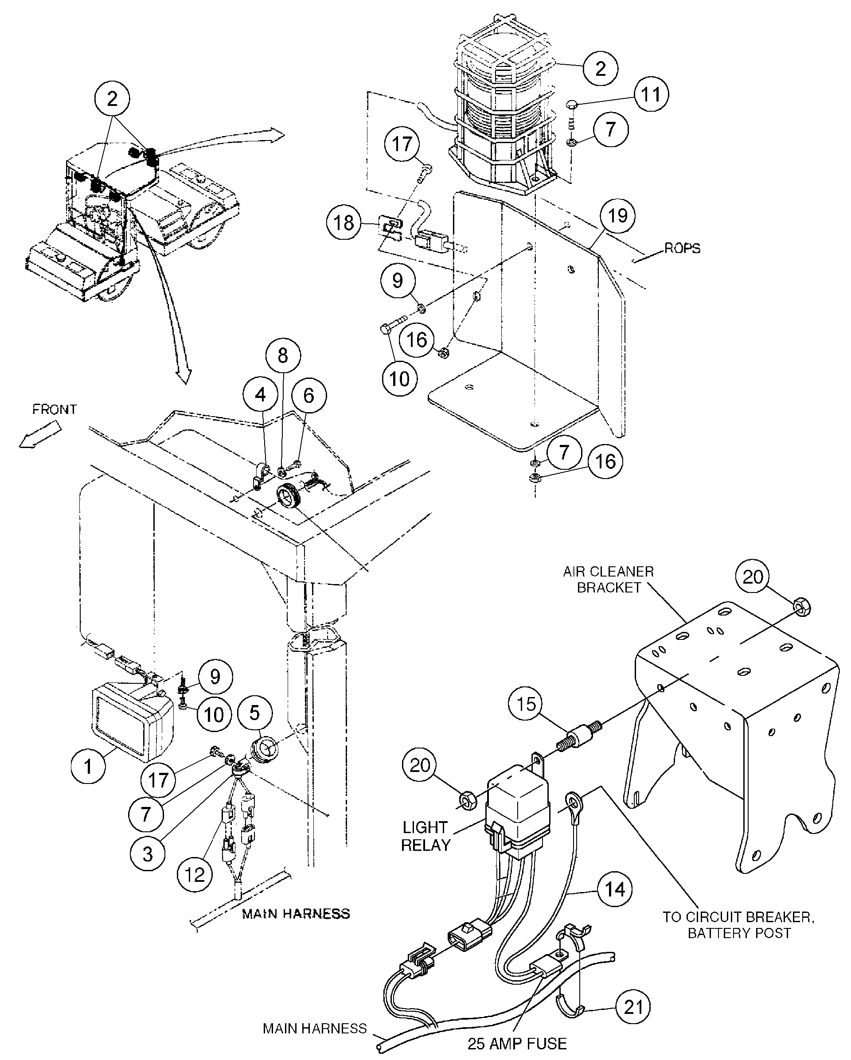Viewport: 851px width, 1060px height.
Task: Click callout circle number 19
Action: (x=617, y=215)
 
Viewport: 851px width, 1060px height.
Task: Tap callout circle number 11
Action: (x=652, y=94)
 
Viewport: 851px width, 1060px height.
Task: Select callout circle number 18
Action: (x=344, y=223)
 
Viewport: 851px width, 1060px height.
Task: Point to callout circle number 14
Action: (x=614, y=889)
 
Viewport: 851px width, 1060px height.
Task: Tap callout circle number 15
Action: (x=526, y=704)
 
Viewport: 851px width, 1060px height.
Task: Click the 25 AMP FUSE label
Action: (x=517, y=1043)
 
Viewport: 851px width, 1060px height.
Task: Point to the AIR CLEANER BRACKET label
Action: (x=609, y=579)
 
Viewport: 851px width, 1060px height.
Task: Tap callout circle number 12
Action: (x=195, y=874)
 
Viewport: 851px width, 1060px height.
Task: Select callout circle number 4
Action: (x=260, y=395)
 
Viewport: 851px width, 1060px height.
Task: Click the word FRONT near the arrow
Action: (x=55, y=409)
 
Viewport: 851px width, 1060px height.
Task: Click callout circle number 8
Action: (x=283, y=355)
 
